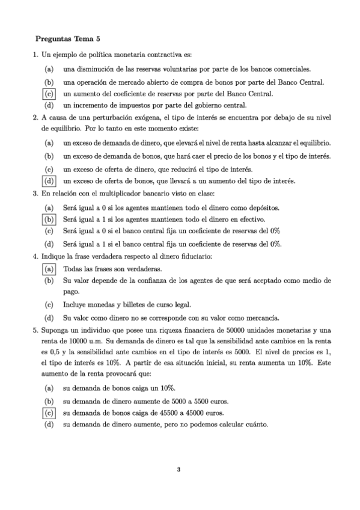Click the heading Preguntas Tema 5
coord(67,39)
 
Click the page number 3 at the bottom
coord(179,469)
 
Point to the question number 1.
coord(35,55)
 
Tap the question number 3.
coord(35,193)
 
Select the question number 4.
coord(35,256)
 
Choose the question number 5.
coord(35,331)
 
